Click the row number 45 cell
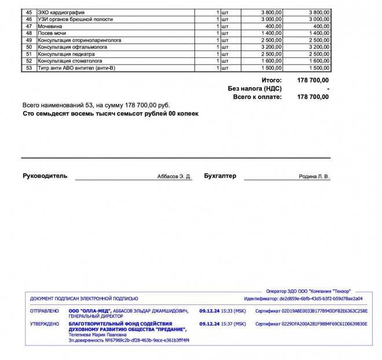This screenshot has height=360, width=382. [29, 12]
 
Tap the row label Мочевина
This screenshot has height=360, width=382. [50, 26]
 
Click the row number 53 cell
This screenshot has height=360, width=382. [29, 68]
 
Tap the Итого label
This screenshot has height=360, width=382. [271, 80]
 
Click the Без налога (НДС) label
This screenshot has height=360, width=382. [255, 89]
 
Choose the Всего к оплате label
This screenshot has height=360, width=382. [258, 97]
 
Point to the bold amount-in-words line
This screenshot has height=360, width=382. [111, 113]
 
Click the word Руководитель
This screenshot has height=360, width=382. [45, 176]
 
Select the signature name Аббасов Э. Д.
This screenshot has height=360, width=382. [174, 177]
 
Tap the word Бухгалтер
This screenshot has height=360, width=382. [220, 176]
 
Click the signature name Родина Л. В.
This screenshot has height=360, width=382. [314, 177]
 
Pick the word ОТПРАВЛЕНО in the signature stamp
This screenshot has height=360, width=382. [45, 311]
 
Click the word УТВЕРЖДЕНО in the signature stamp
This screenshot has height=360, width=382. [45, 324]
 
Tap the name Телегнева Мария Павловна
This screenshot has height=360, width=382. [97, 335]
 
